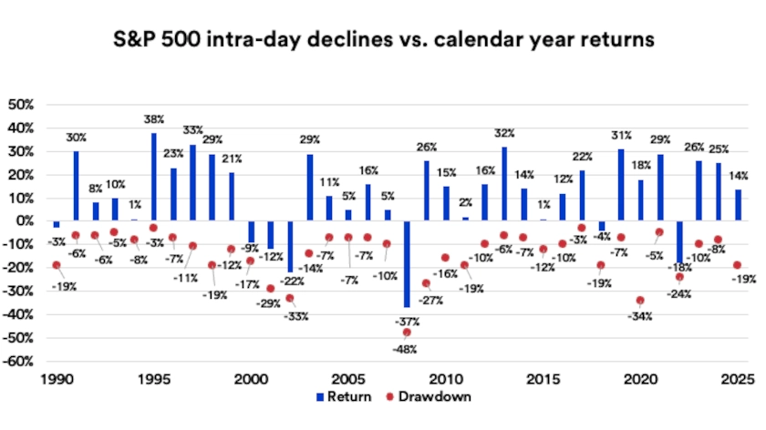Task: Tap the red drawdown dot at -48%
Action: tap(407, 333)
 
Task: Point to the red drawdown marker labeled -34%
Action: tap(641, 301)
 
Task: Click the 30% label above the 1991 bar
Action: tap(77, 138)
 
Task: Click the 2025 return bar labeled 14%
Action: tap(739, 205)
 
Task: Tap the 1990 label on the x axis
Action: tap(57, 379)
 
